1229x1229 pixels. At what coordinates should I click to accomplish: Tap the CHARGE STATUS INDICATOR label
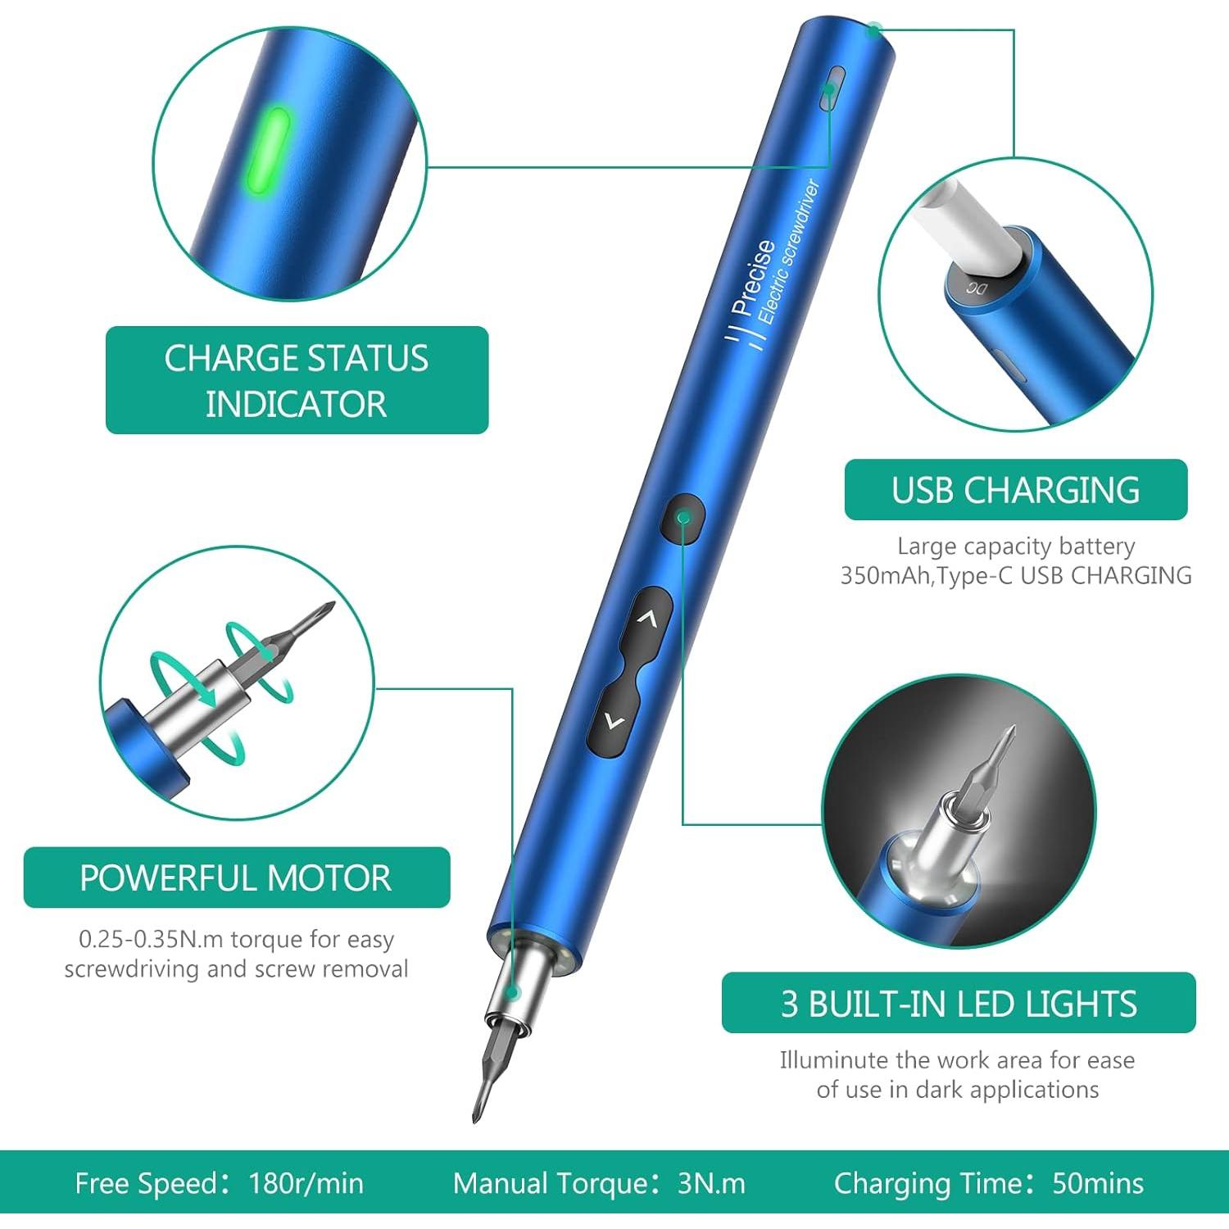[x=297, y=380]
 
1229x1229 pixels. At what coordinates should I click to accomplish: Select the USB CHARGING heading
[x=1015, y=490]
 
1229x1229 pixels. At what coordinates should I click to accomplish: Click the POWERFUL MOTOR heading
[x=236, y=878]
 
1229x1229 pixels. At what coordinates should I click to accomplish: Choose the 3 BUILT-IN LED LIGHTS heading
[x=959, y=1004]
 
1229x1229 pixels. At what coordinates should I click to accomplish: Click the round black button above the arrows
[x=683, y=517]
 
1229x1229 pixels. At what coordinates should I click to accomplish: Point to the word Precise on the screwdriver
[x=753, y=279]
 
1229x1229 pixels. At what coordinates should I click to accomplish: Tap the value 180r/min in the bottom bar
[x=306, y=1184]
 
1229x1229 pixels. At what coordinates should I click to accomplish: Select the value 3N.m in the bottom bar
[x=711, y=1184]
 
